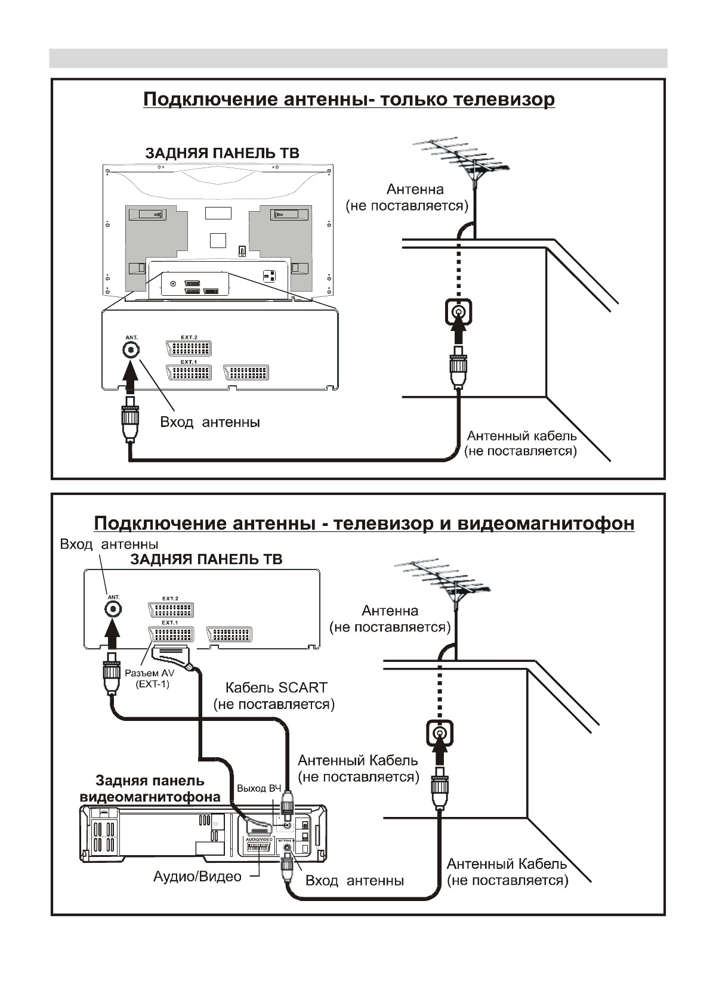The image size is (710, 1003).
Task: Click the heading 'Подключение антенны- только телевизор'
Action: (x=349, y=99)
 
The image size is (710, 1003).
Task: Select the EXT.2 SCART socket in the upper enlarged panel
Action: (x=189, y=348)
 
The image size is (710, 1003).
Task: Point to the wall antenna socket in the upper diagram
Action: (x=458, y=312)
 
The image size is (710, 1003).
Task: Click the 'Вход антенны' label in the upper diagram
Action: (x=209, y=422)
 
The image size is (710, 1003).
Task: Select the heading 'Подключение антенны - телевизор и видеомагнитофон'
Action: (x=364, y=524)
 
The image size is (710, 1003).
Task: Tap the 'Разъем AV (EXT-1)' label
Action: (x=149, y=679)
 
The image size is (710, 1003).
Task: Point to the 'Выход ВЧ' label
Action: (x=258, y=788)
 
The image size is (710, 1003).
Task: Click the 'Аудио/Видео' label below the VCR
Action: (x=197, y=877)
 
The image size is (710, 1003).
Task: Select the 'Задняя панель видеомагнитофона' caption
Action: (x=150, y=788)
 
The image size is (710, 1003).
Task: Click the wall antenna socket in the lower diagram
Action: (x=440, y=734)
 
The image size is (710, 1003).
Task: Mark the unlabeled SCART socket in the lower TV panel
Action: (x=229, y=634)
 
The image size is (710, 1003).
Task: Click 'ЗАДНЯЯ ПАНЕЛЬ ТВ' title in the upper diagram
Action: (x=222, y=153)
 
